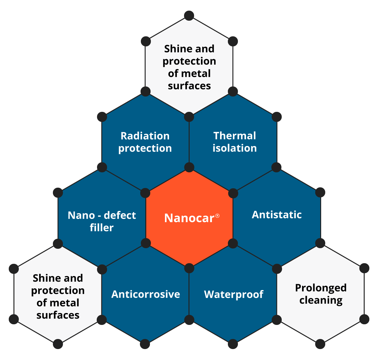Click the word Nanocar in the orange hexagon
click(189, 218)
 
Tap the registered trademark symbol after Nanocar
click(217, 216)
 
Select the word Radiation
click(145, 136)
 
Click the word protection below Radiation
click(145, 149)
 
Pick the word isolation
click(235, 148)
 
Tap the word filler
click(102, 227)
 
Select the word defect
click(120, 215)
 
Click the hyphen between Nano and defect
click(99, 216)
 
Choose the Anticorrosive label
click(146, 294)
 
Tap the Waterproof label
click(234, 295)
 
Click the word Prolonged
click(321, 288)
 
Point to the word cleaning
click(321, 300)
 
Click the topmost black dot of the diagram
click(189, 16)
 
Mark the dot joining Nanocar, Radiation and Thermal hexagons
click(189, 167)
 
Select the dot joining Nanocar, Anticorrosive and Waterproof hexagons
click(189, 268)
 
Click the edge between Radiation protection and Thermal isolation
click(189, 142)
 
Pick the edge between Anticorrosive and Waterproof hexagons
click(189, 294)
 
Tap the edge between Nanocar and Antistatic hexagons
click(233, 218)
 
